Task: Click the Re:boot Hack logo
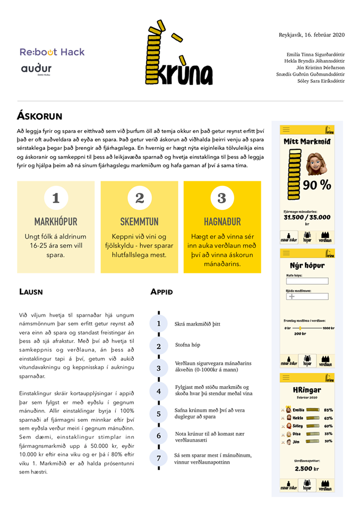[x=52, y=52]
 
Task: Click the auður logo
[x=37, y=69]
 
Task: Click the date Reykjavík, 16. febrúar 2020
[x=312, y=35]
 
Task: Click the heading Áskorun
[x=40, y=115]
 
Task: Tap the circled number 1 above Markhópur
[x=56, y=198]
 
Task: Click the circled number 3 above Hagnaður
[x=222, y=198]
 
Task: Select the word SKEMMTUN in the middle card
[x=139, y=221]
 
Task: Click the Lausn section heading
[x=31, y=292]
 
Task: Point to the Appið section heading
[x=161, y=292]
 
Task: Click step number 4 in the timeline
[x=158, y=392]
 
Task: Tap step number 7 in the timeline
[x=158, y=458]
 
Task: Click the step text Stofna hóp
[x=187, y=345]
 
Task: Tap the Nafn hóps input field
[x=307, y=281]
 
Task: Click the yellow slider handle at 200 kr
[x=301, y=328]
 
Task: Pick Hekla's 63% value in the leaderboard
[x=328, y=418]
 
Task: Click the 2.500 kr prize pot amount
[x=307, y=469]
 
